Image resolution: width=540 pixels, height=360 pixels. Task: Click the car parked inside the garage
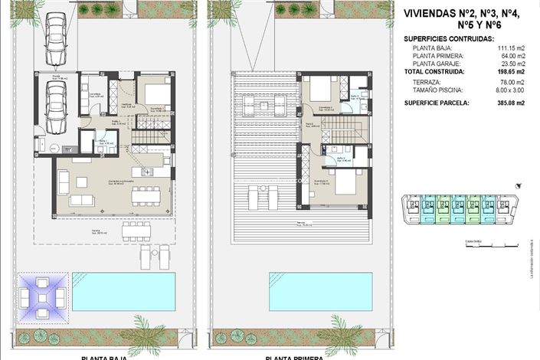(55, 106)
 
